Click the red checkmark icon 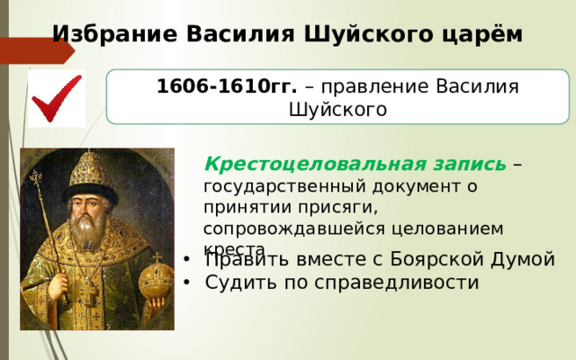[56, 99]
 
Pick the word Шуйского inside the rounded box [337, 110]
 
